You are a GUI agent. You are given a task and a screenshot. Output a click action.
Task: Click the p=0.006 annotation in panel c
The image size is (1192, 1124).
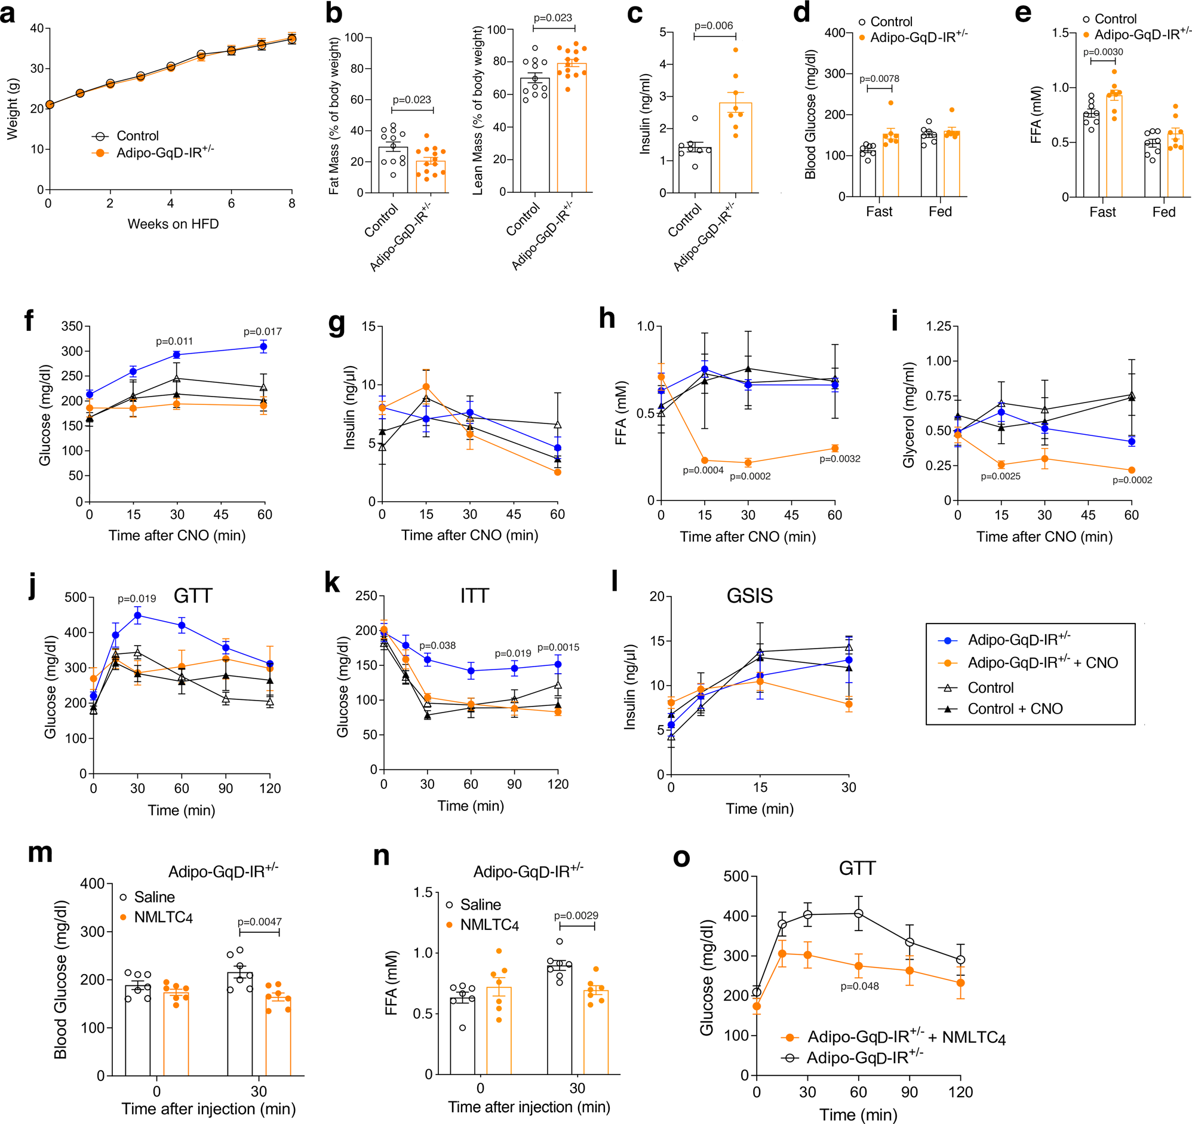(x=713, y=26)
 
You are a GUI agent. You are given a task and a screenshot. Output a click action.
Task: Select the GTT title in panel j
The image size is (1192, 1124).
(x=192, y=595)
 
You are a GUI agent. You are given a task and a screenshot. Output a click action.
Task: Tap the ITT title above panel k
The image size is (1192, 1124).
(x=474, y=595)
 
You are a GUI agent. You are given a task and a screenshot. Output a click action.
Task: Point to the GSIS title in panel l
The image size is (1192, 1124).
(x=749, y=595)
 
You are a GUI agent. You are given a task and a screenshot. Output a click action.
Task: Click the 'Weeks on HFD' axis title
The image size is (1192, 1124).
(x=173, y=224)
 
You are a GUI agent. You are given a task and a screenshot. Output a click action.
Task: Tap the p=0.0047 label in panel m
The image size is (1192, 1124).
(x=259, y=922)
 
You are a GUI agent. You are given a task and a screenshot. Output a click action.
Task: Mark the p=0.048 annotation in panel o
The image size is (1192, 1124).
(x=859, y=986)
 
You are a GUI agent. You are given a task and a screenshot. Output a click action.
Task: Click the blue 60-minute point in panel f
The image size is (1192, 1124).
(x=263, y=346)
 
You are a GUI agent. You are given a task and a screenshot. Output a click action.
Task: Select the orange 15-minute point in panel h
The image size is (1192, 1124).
(x=705, y=460)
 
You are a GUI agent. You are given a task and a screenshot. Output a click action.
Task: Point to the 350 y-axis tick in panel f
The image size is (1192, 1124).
(x=72, y=326)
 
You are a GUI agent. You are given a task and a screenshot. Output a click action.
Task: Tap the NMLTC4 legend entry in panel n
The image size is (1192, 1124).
(x=489, y=925)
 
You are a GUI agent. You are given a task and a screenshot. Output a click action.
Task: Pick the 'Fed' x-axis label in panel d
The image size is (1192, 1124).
(x=939, y=212)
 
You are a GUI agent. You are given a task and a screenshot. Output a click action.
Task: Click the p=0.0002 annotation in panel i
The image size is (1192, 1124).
(x=1132, y=480)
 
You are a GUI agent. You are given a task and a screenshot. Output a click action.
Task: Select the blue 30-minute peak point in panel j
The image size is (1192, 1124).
(x=137, y=615)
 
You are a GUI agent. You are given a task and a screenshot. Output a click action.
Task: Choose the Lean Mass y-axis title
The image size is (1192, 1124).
(x=478, y=111)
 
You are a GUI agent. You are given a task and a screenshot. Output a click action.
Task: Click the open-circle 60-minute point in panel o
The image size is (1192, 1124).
(x=858, y=914)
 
